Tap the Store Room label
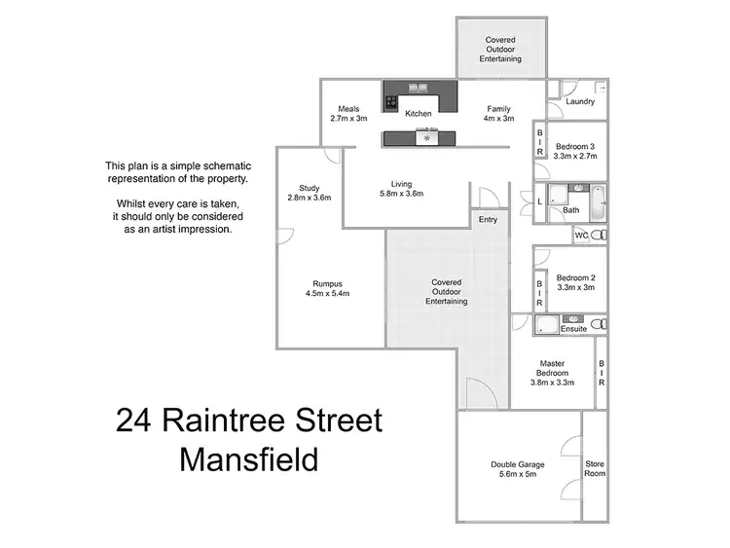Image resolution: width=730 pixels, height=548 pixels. (594, 469)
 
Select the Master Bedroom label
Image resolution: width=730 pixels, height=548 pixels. (552, 373)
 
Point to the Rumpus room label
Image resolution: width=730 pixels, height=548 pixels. (327, 287)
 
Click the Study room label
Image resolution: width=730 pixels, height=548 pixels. (310, 193)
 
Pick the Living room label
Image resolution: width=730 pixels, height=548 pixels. (402, 188)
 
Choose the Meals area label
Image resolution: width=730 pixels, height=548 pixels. (348, 113)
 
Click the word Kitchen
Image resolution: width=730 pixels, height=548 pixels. (419, 114)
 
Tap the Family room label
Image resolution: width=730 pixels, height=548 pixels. (498, 113)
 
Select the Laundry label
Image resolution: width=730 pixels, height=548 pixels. (580, 101)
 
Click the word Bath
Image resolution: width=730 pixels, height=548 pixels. (570, 209)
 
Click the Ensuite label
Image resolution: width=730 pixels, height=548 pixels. (573, 329)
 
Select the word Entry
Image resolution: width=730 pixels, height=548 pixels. (488, 220)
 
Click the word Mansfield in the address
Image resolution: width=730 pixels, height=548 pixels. (249, 458)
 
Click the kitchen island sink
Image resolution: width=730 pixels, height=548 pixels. (426, 138)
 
